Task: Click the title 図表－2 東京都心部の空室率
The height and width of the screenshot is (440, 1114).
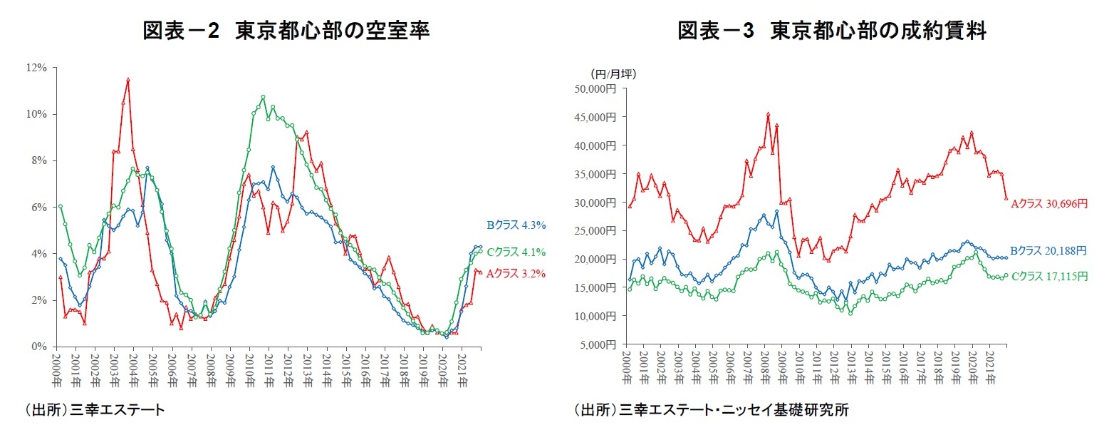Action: click(286, 31)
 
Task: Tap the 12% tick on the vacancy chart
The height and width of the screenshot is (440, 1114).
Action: click(36, 68)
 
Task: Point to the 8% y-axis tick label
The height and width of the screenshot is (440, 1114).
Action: click(38, 160)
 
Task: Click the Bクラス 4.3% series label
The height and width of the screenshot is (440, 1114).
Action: click(516, 225)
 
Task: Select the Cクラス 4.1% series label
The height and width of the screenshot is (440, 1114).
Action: click(516, 252)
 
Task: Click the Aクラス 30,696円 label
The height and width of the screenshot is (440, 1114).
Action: click(1049, 203)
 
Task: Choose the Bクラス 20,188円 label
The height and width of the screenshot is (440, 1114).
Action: click(1048, 250)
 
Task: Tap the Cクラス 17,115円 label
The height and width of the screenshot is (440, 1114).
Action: click(1048, 276)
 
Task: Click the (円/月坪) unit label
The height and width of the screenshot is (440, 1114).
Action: click(613, 73)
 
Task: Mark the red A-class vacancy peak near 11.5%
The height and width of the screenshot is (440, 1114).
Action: click(127, 80)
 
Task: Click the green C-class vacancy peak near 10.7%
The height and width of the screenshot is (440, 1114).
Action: click(263, 97)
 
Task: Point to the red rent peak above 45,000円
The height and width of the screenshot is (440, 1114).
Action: click(768, 113)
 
